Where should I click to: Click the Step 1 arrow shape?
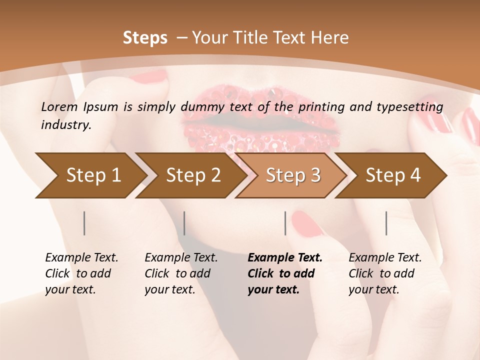92,175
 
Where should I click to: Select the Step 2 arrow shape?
192,175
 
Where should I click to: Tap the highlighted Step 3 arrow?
292,175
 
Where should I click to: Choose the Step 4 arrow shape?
392,175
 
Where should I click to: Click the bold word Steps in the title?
145,38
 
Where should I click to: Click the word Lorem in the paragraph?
59,106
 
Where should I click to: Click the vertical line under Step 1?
84,223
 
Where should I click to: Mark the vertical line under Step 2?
184,223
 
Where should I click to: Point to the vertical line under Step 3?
285,223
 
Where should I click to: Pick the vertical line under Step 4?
386,223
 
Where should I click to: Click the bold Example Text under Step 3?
285,257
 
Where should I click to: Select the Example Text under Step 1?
81,257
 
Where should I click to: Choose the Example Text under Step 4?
385,257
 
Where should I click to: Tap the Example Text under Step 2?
181,257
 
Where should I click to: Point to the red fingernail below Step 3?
308,223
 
